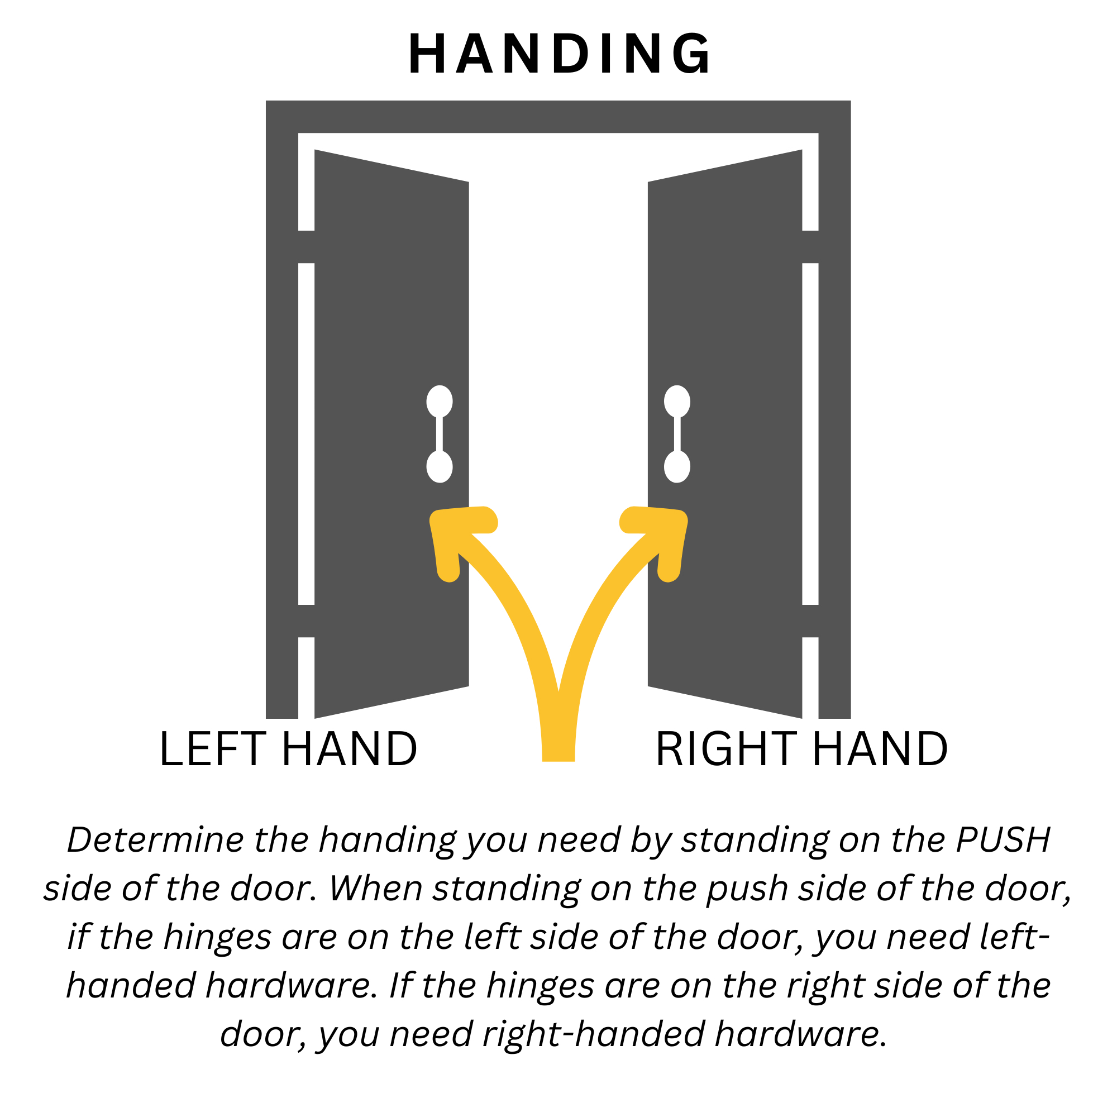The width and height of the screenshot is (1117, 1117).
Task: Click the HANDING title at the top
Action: (x=558, y=54)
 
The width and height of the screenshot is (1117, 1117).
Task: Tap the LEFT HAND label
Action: (x=288, y=750)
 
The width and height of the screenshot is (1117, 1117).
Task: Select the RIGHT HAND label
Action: (x=801, y=750)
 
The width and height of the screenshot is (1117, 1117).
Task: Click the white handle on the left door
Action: (x=440, y=433)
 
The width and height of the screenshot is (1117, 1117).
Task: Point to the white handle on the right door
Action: (x=677, y=433)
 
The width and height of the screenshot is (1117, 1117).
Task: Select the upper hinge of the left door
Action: (x=307, y=247)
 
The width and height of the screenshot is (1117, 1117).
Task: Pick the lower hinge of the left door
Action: (x=307, y=621)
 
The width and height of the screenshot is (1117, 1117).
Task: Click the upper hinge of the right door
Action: (x=810, y=247)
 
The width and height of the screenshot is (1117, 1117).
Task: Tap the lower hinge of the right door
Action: (x=810, y=621)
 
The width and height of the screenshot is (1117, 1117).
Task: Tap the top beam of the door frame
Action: (x=558, y=117)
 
